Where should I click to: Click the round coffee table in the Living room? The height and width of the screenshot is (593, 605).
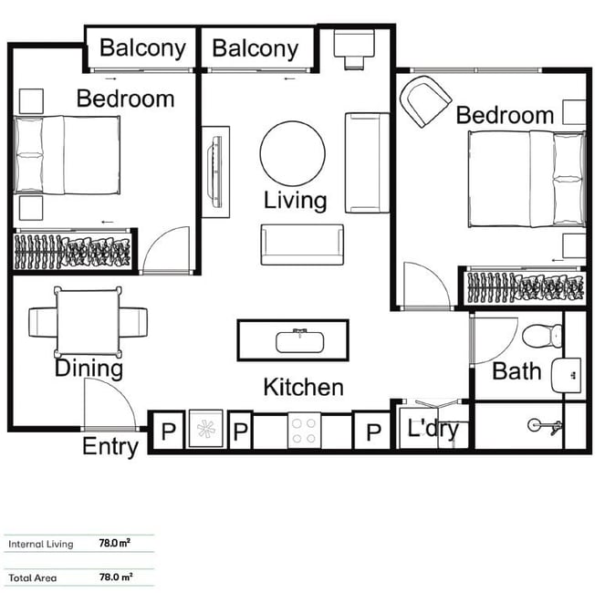click(x=293, y=153)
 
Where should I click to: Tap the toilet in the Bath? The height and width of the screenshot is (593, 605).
click(x=543, y=336)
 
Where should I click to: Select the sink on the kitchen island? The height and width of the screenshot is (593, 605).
click(x=300, y=341)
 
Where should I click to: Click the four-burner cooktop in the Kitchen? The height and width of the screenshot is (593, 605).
click(x=304, y=431)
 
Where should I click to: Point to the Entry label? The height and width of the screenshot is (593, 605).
click(x=110, y=447)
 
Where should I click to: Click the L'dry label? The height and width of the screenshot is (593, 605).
click(x=433, y=428)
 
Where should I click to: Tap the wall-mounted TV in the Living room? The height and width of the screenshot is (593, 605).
click(x=215, y=172)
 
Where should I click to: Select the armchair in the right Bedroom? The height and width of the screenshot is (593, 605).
click(x=425, y=101)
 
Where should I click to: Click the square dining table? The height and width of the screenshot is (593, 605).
click(x=89, y=322)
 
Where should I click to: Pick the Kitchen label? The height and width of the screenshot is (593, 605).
click(x=303, y=387)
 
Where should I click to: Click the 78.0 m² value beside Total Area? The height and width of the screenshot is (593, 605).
click(x=116, y=577)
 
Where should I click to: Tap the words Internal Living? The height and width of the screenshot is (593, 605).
click(x=40, y=544)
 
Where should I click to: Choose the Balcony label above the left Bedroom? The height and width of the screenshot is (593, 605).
click(x=142, y=48)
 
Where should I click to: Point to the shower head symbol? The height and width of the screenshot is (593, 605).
click(x=545, y=426)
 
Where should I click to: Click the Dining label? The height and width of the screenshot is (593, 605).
click(x=89, y=369)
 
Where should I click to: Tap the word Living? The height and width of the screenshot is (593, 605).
click(x=295, y=201)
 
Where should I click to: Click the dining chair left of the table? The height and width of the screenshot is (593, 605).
click(x=43, y=322)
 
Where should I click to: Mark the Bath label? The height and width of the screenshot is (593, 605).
click(x=516, y=371)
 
